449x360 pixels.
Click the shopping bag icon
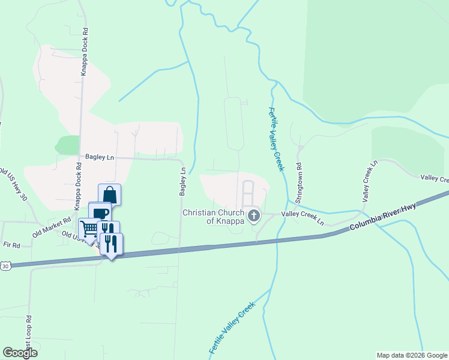(x=109, y=194)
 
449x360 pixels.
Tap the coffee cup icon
(x=100, y=213)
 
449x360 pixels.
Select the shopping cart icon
(x=89, y=228)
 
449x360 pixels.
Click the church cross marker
(x=254, y=215)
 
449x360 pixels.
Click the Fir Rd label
(x=12, y=245)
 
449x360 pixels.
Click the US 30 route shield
(x=5, y=265)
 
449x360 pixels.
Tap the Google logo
(x=20, y=353)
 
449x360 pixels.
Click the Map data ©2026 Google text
(x=411, y=355)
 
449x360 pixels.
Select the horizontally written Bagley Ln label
(x=99, y=156)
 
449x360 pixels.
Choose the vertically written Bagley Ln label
(x=183, y=181)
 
